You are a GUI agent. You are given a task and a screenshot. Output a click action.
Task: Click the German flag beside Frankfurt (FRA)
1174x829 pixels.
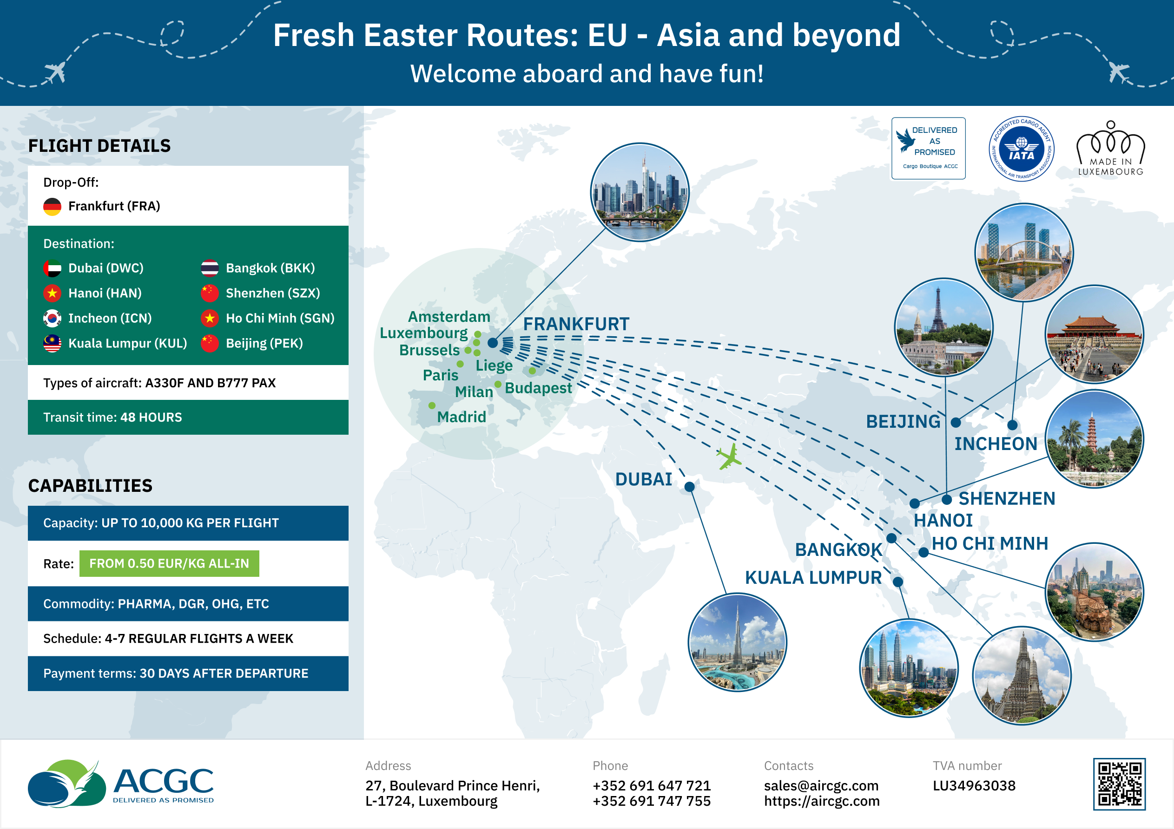coord(52,207)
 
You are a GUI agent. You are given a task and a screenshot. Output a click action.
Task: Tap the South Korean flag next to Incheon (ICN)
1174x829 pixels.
coord(52,319)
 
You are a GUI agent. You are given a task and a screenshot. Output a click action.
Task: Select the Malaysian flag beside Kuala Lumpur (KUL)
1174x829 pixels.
coord(52,344)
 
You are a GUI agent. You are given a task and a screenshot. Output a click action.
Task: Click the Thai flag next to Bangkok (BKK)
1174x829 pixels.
coord(210,268)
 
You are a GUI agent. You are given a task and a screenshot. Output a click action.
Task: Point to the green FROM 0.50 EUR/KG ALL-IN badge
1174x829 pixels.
coord(169,563)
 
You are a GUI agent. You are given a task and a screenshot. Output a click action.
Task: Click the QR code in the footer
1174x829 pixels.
coord(1119,784)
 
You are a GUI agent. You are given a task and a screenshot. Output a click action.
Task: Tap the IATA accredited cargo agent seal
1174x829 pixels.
coord(1021,149)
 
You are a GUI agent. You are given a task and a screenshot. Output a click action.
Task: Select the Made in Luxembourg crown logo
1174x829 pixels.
coord(1111,148)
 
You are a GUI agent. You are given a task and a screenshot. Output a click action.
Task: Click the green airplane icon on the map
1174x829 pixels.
coord(729,457)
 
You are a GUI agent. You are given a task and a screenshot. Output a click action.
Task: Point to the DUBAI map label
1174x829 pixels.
coord(643,479)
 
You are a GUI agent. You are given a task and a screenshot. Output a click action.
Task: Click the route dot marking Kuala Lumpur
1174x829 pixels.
coord(898,581)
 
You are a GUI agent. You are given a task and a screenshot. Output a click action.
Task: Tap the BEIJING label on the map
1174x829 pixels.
coord(903,422)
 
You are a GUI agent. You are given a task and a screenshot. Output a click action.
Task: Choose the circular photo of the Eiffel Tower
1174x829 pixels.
coord(943,327)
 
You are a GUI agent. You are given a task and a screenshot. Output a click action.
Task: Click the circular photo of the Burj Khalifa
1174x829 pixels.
coord(737,642)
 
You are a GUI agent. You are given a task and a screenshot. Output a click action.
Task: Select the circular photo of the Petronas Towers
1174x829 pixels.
coord(909,668)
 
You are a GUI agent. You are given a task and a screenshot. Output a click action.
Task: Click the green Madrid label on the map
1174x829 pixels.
coord(461,417)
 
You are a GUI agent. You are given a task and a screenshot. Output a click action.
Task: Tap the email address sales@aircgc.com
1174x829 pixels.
coord(821,785)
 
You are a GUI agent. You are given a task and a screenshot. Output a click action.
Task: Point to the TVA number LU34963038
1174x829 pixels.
coord(974,785)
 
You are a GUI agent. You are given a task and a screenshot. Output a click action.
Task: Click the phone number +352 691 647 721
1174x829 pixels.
coord(652,785)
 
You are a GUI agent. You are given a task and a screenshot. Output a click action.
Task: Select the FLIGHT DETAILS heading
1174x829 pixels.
coord(99,146)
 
